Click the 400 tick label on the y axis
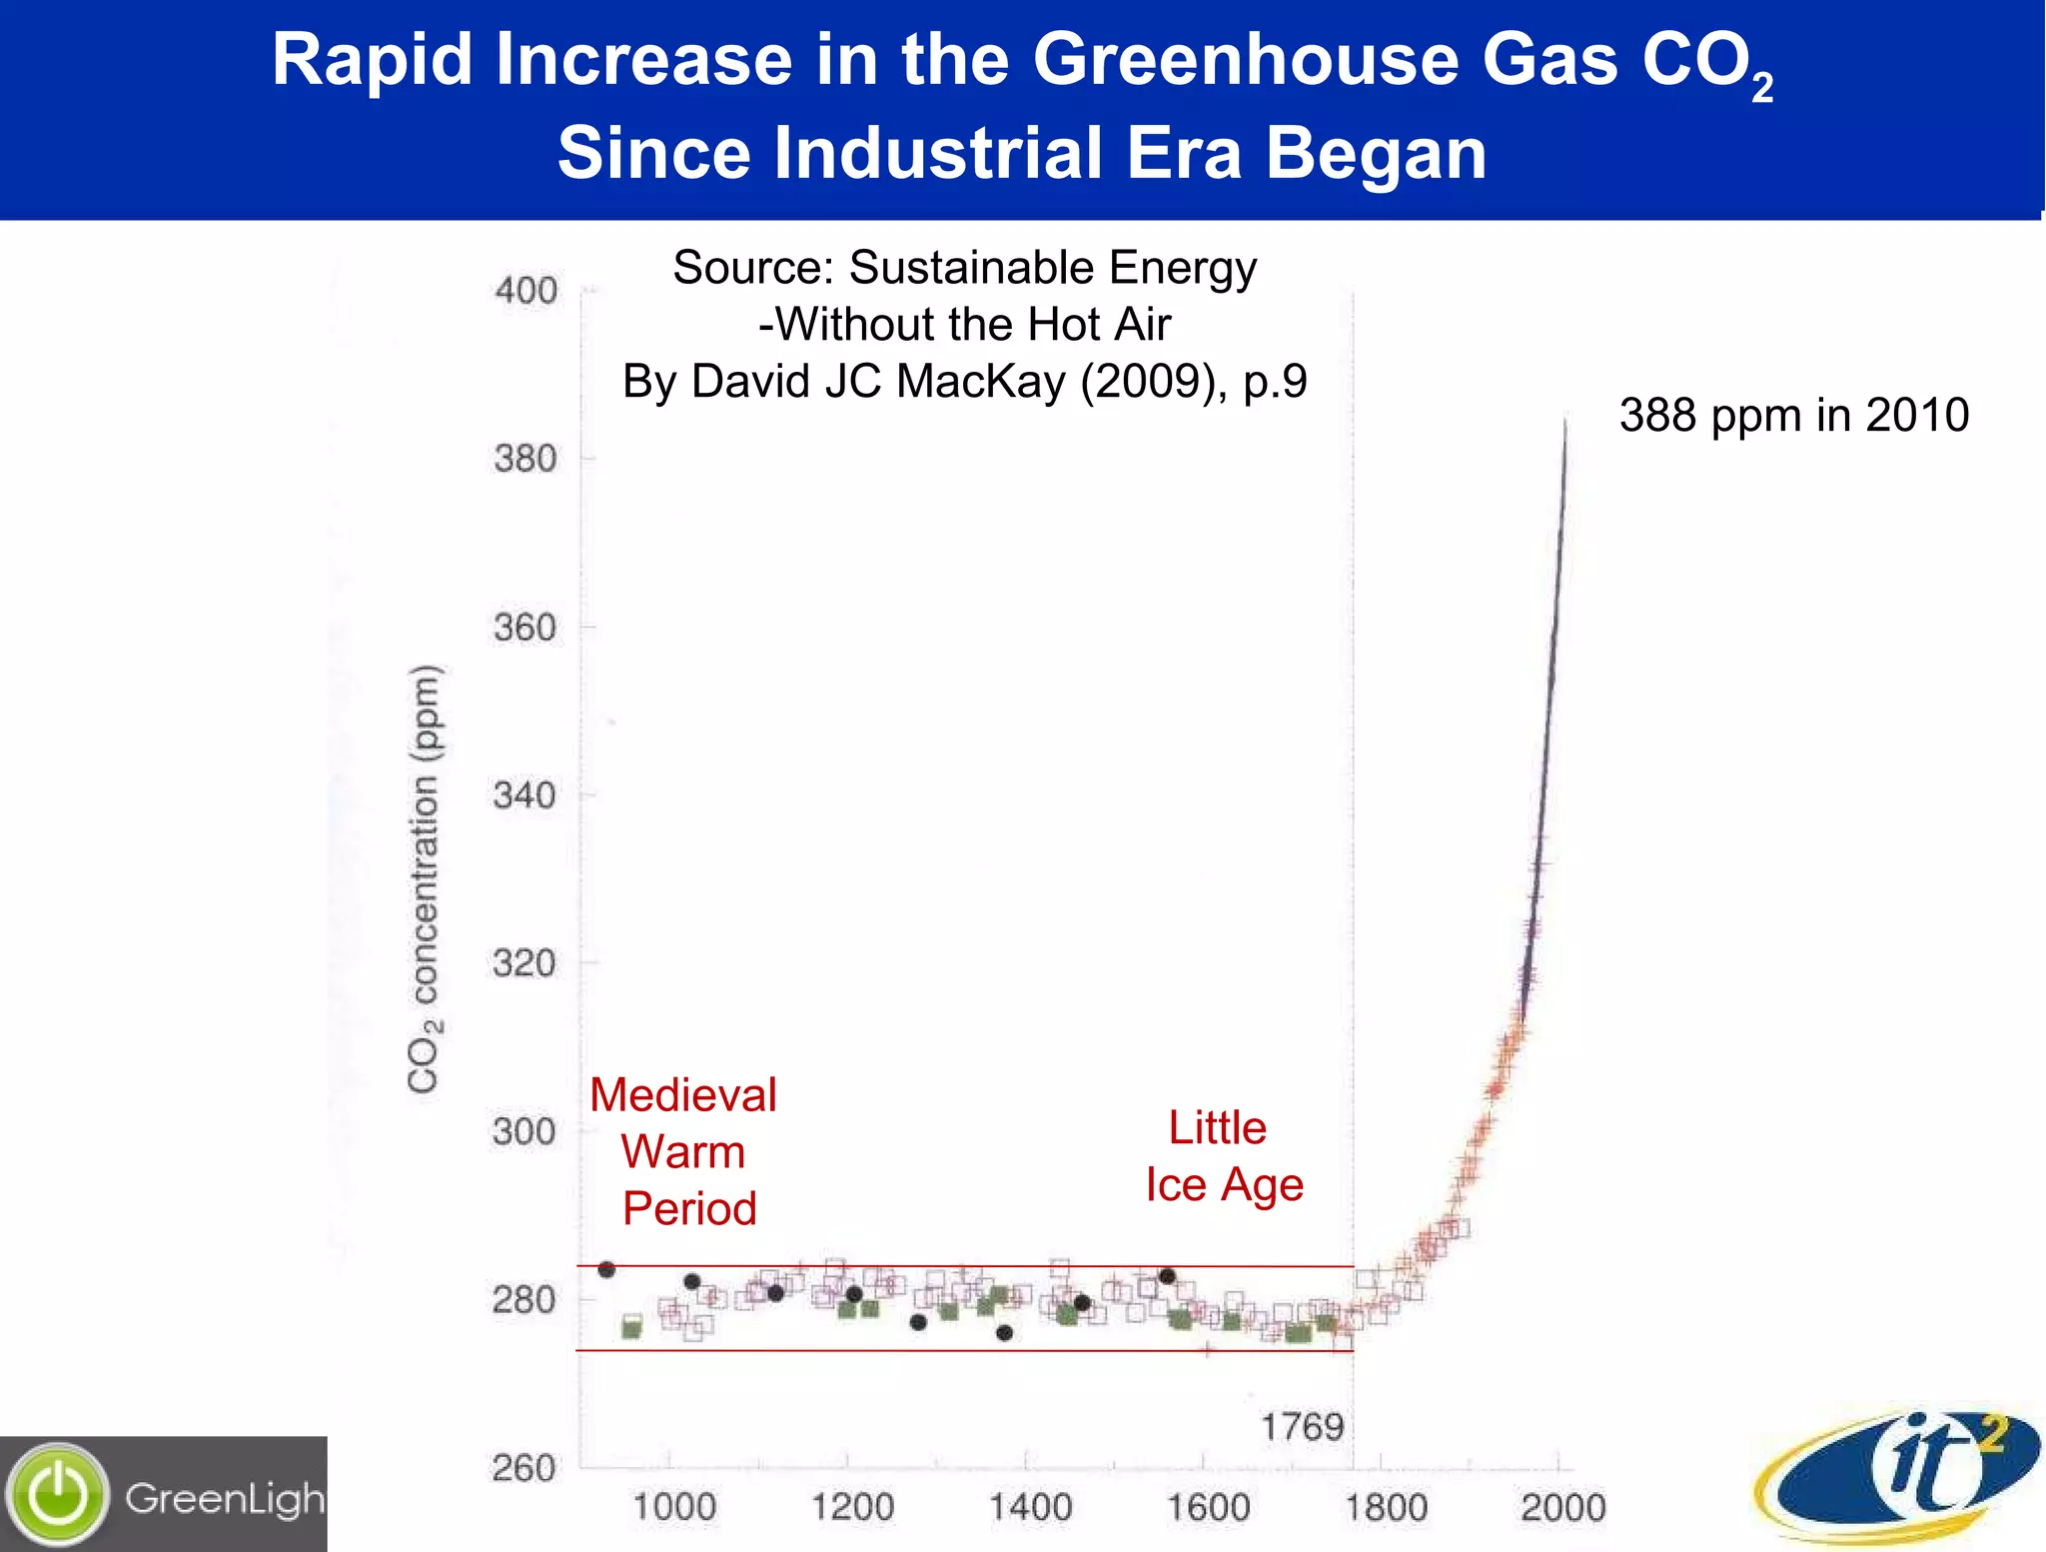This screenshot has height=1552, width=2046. [525, 291]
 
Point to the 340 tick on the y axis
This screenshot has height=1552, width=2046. [524, 795]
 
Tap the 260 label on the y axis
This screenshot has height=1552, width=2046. [523, 1468]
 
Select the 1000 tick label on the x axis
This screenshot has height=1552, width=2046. [674, 1507]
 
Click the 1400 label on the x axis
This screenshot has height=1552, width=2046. [1030, 1507]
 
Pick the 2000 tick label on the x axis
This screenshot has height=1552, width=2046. [1562, 1507]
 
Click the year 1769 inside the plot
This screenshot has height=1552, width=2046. [1302, 1426]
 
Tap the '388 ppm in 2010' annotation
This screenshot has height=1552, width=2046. [1793, 415]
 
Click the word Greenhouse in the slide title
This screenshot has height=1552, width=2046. [1248, 60]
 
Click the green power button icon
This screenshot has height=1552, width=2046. [58, 1495]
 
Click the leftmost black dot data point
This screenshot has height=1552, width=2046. [606, 1269]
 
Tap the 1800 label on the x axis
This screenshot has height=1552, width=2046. [1386, 1507]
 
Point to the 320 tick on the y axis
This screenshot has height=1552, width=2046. [523, 963]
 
